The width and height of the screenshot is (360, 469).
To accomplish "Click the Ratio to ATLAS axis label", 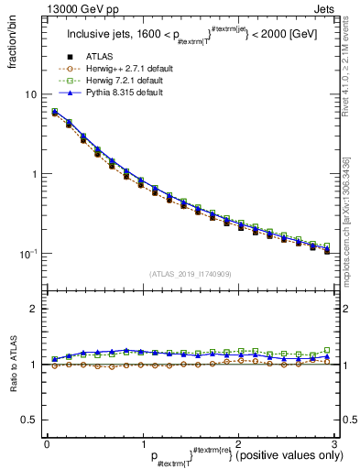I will (x=12, y=365).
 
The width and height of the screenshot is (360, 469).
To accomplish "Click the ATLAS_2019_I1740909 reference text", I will (x=190, y=274).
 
